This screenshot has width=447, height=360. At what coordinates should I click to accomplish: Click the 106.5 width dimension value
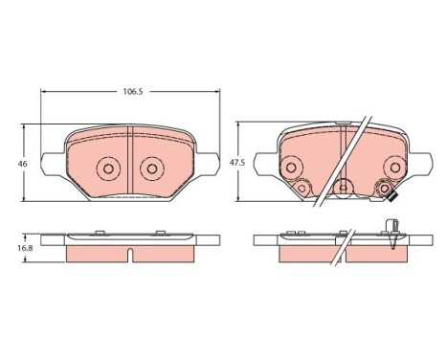(x=133, y=92)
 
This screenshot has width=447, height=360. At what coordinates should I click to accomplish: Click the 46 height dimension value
(x=22, y=164)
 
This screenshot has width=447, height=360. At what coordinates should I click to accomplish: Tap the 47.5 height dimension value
(x=237, y=163)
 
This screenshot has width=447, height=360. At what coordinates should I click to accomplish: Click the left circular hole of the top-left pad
(x=108, y=169)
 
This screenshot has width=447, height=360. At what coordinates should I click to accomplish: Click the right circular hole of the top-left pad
(x=152, y=169)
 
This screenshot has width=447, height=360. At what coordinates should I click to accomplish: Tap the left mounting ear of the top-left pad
(x=54, y=164)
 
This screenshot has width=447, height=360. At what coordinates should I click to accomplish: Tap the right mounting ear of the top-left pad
(x=208, y=164)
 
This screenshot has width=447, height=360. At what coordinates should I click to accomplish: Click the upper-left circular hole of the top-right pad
(x=291, y=167)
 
